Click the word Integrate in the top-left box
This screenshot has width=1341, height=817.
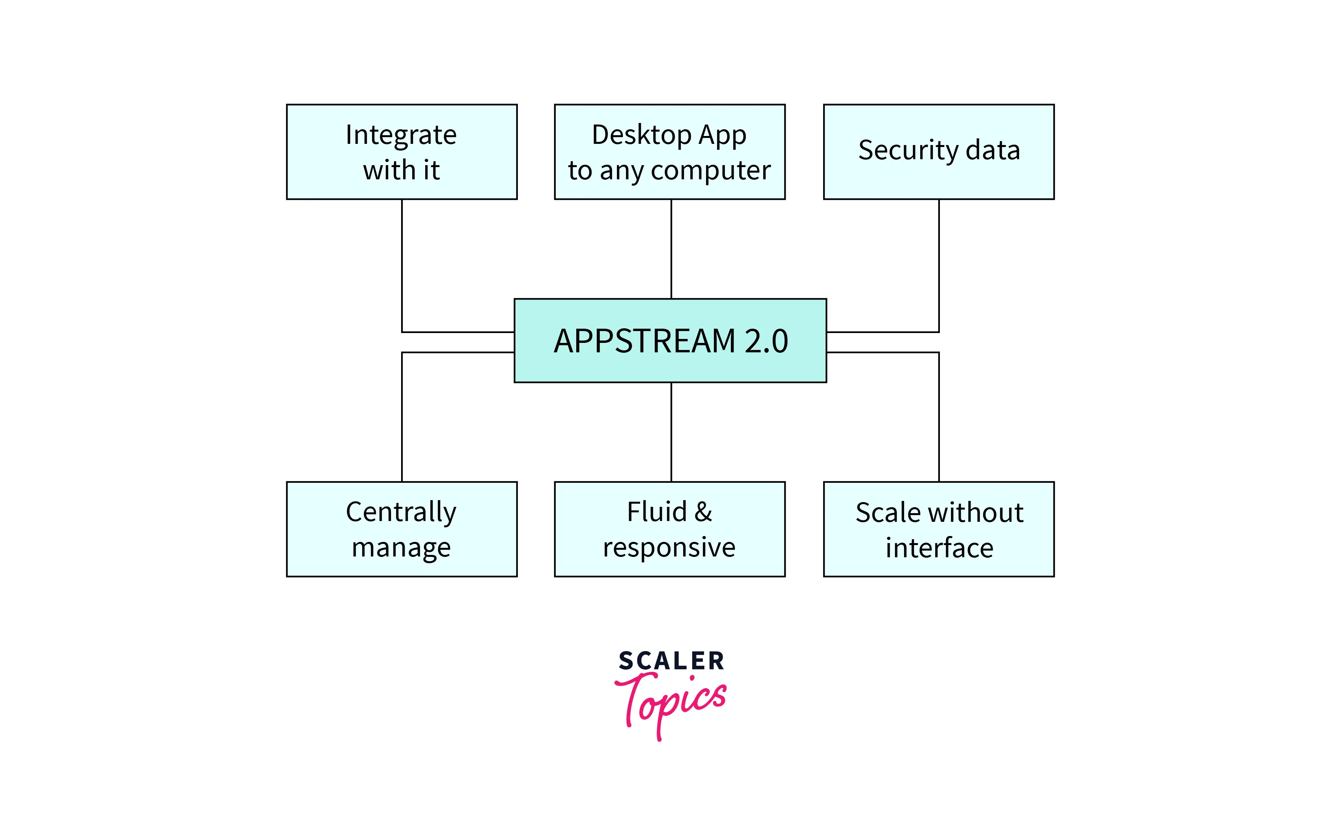[x=401, y=135]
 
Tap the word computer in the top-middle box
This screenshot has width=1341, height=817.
[x=711, y=171]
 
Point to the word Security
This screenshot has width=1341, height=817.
[x=908, y=150]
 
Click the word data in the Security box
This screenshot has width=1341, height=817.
[x=993, y=150]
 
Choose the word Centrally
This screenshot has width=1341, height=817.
[x=401, y=512]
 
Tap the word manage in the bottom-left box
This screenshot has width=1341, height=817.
[x=401, y=547]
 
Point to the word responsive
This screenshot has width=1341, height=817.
[x=669, y=547]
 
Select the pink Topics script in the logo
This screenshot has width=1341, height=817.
[x=670, y=702]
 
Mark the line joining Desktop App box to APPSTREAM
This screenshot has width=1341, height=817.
[x=671, y=249]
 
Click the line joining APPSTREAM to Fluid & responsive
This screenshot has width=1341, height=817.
[x=671, y=432]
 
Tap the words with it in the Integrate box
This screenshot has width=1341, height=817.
[x=401, y=170]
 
